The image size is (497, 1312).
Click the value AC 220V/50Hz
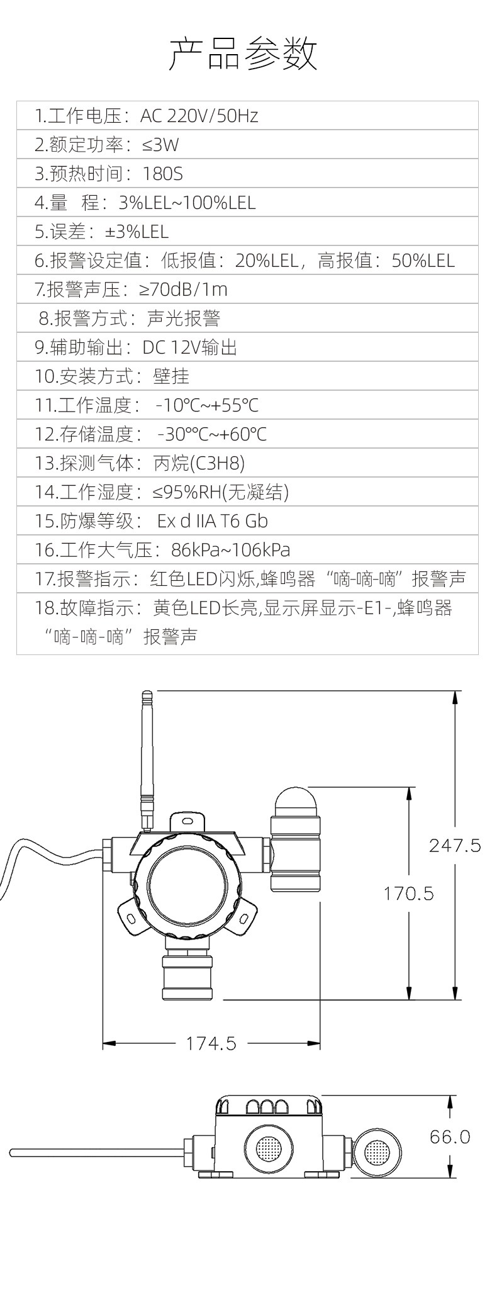pos(199,116)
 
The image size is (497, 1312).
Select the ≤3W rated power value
pos(160,145)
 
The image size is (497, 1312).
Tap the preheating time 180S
pos(163,174)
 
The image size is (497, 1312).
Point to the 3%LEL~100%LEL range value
pos(187,203)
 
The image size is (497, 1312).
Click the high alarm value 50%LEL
pos(423,261)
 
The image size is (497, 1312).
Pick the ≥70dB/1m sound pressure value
pos(183,289)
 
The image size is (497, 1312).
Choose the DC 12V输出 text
pos(190,347)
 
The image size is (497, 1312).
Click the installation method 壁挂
pos(171,376)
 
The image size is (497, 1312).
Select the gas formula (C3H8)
pos(216,463)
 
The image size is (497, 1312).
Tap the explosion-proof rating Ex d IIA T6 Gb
pos(213,521)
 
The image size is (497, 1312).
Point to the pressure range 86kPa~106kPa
pos(231,550)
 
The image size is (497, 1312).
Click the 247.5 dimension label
pos(455,845)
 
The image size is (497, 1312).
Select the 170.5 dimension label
pos(409,894)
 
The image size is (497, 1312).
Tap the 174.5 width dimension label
pos(211,1043)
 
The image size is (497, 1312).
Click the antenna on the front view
pos(147,761)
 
